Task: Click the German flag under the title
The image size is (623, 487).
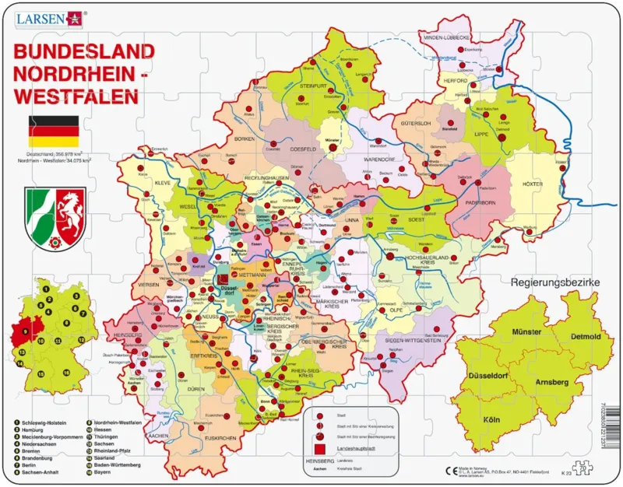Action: point(54,132)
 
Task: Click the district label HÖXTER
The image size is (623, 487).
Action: point(544,184)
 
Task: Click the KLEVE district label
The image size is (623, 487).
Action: point(162,183)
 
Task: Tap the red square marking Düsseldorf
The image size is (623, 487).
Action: point(223,279)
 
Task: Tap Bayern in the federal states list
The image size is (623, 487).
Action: point(104,471)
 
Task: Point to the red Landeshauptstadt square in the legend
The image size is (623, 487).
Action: point(319,450)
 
